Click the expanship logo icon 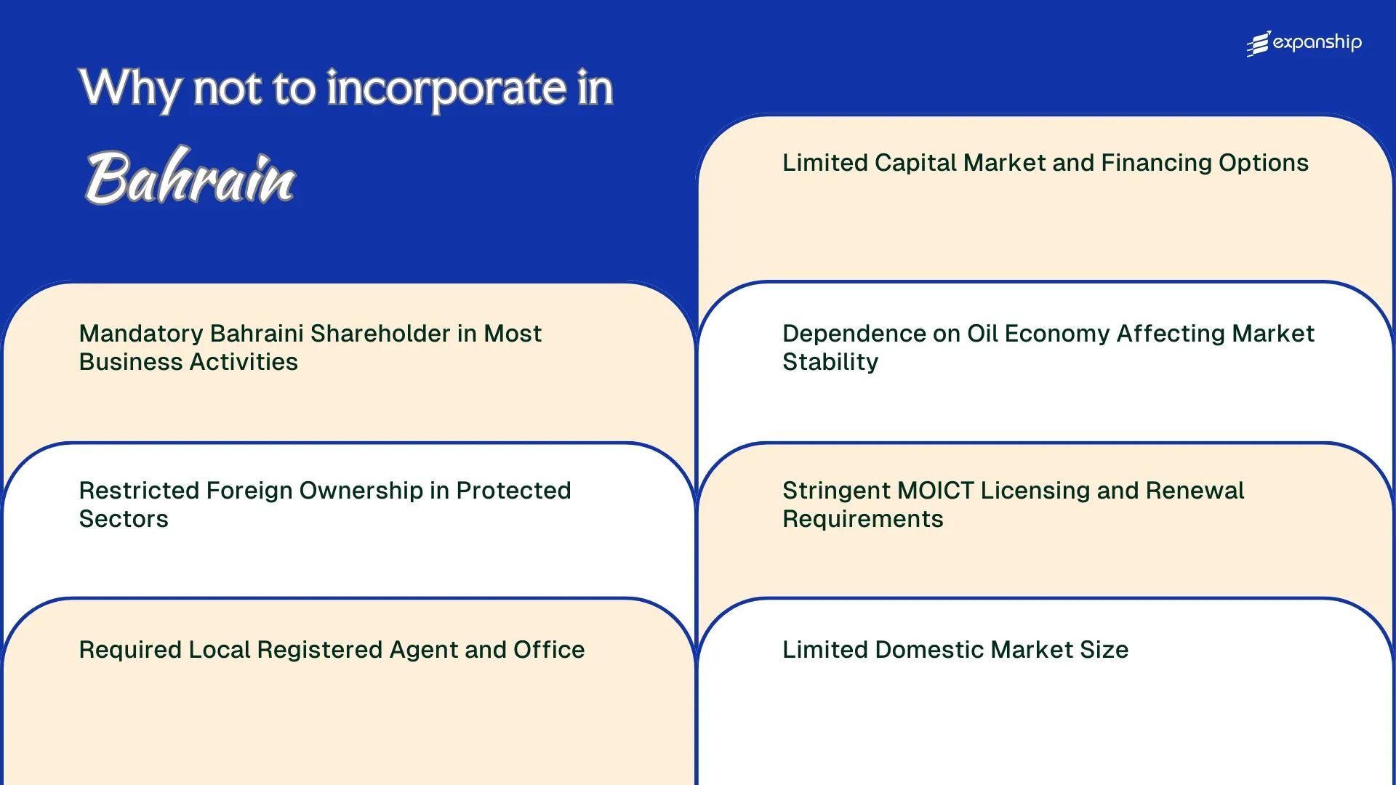[1259, 44]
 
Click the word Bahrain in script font [190, 178]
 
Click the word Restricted [139, 491]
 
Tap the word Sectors [124, 519]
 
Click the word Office [549, 650]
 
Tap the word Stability [830, 362]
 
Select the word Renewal [1195, 491]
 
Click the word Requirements [862, 519]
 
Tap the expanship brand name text [1317, 43]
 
